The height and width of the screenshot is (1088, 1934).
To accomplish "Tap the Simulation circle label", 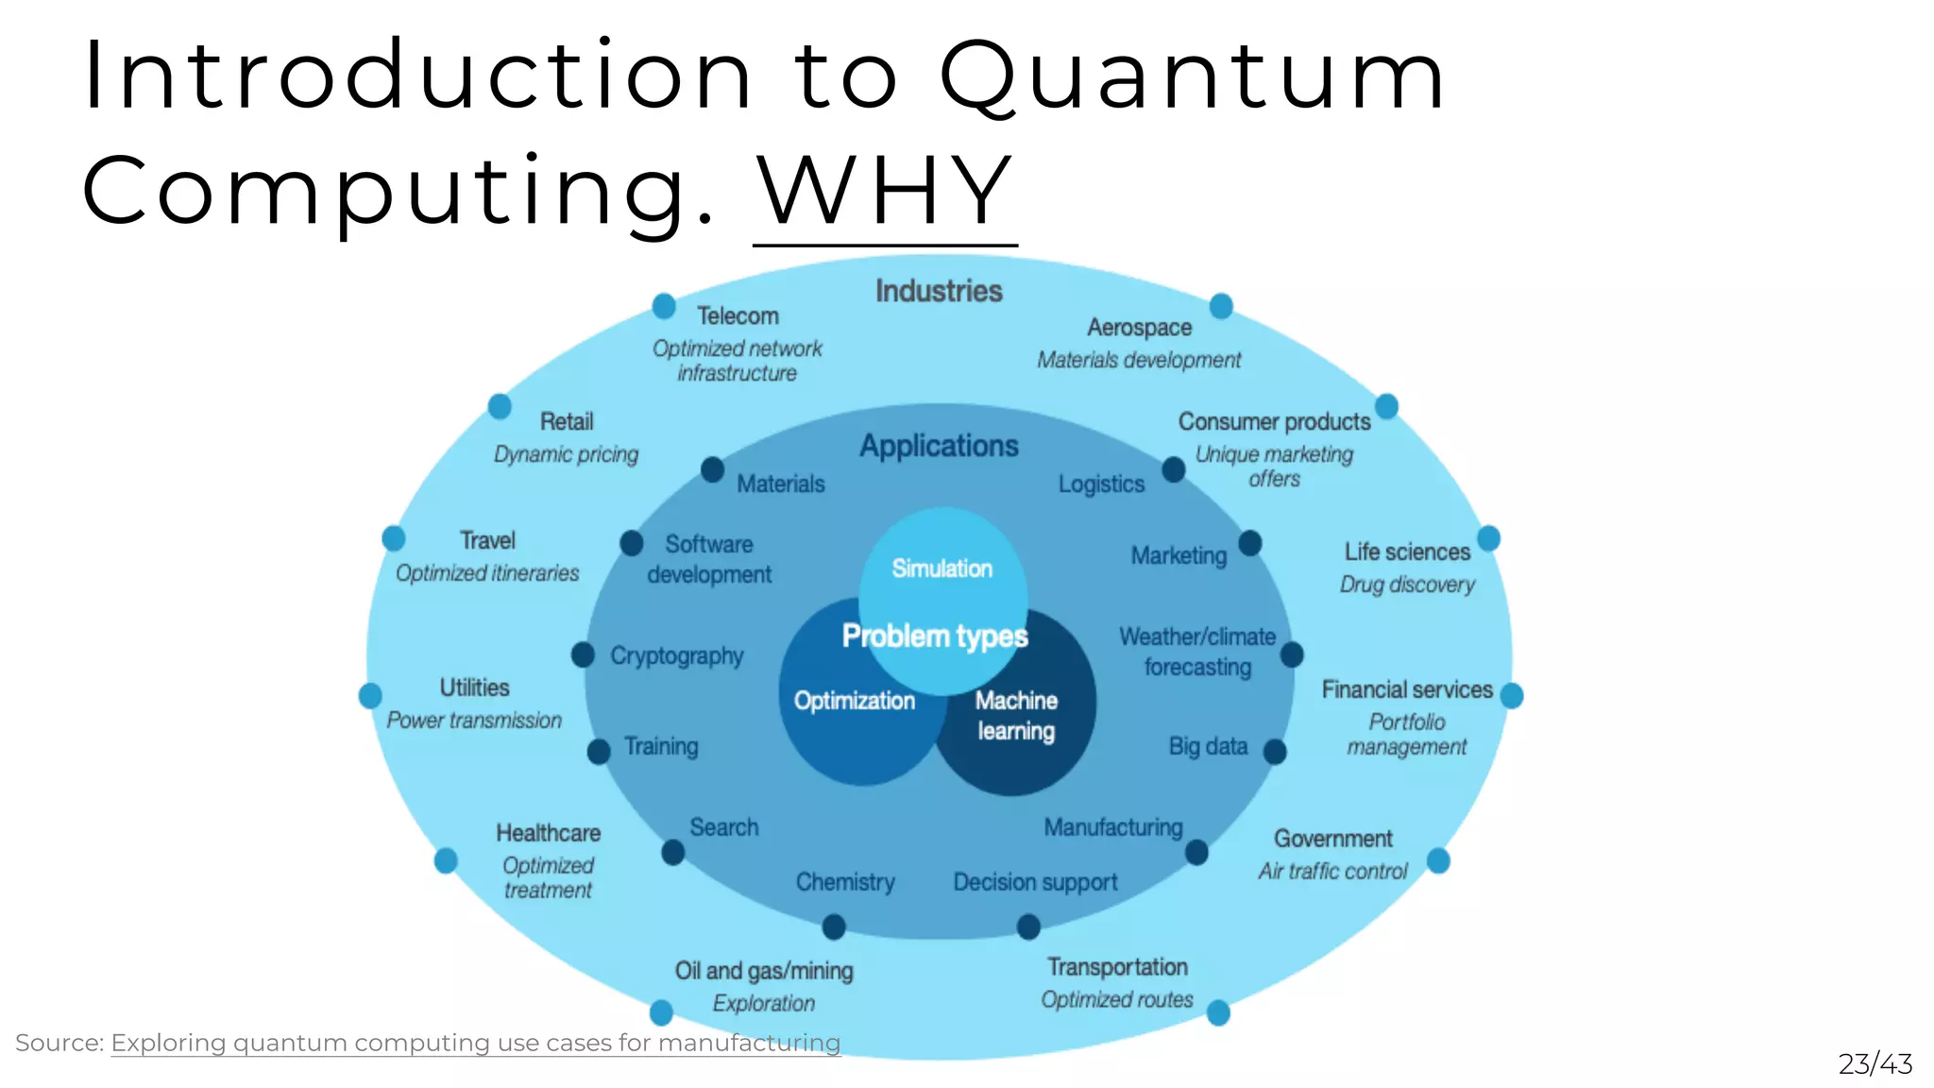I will click(942, 569).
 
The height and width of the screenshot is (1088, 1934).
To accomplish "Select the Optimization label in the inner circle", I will click(854, 701).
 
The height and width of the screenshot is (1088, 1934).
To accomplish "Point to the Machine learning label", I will click(1016, 716).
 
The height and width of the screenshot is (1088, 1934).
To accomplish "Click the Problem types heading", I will click(935, 637).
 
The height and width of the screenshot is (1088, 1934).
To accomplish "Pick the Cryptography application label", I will click(676, 655).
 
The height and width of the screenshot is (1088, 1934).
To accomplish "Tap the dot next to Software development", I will click(632, 544).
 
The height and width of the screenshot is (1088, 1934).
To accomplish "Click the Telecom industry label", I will click(738, 316).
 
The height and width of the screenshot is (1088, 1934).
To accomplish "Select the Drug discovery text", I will click(1407, 585).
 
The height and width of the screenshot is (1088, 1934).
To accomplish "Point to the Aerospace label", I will click(1139, 328).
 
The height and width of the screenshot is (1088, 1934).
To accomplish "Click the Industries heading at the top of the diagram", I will click(939, 291).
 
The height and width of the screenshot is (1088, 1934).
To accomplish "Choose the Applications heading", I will click(939, 446).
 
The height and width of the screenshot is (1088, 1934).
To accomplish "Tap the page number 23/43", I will click(1875, 1064).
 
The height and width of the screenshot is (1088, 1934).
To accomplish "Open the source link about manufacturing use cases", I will click(475, 1043).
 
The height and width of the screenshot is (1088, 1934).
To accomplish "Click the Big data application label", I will click(1208, 746).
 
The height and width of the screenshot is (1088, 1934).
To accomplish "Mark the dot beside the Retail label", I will click(500, 407).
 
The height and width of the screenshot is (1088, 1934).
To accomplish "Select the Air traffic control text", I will click(1332, 871).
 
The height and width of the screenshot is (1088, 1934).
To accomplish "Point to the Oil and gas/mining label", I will click(764, 971).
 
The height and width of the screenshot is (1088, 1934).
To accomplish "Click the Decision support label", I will click(1035, 882).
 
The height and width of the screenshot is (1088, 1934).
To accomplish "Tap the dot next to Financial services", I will click(1511, 696).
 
